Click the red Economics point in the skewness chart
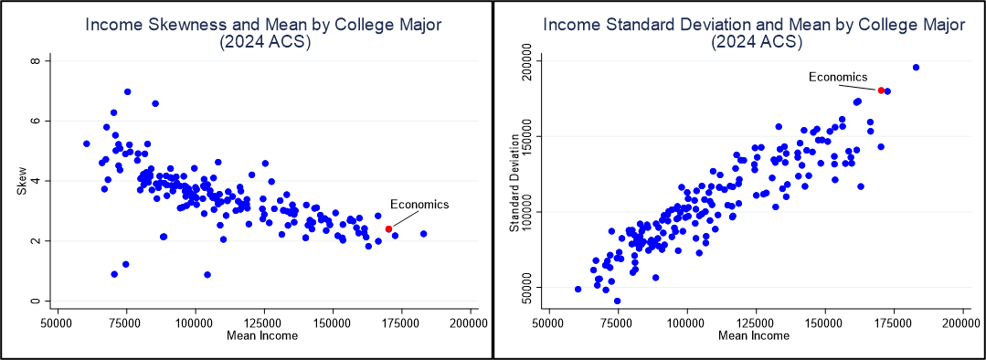pos(388,229)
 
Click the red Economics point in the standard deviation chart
pos(881,90)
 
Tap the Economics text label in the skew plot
pos(419,204)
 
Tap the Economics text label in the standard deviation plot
pos(838,77)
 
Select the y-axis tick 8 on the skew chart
pos(38,61)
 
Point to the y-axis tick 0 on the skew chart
pos(38,301)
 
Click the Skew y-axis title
pos(21,181)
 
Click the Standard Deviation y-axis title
pos(514,181)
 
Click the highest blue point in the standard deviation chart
pos(916,68)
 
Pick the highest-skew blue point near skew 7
pos(127,91)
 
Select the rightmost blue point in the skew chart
pos(423,234)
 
